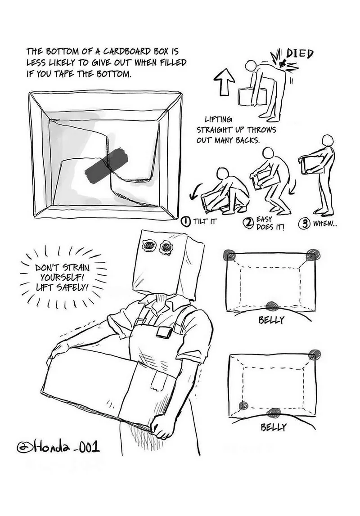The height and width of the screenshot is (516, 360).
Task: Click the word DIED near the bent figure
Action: (300, 54)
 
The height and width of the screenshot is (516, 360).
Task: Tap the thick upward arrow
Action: (224, 83)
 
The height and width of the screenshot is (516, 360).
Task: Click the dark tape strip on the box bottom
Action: (106, 166)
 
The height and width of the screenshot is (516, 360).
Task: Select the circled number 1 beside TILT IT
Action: (186, 221)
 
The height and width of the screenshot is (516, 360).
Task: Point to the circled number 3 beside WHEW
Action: (304, 224)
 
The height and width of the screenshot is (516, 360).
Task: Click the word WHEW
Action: (325, 224)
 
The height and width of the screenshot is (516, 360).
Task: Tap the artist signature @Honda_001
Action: (58, 447)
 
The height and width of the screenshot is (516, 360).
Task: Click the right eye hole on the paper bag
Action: (166, 247)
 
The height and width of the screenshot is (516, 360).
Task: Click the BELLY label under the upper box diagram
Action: (271, 319)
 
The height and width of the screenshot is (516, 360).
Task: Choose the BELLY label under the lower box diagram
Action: (274, 427)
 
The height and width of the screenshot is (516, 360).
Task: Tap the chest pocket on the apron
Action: (164, 332)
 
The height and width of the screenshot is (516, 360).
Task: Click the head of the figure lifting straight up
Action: (252, 66)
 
